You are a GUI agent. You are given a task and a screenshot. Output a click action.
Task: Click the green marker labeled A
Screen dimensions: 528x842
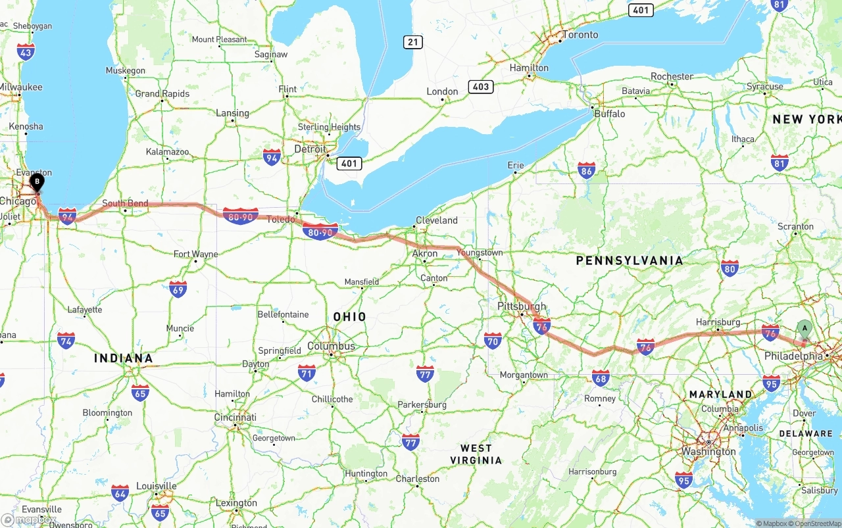[804, 328]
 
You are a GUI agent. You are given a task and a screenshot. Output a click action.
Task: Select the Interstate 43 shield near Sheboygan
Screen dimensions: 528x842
[26, 52]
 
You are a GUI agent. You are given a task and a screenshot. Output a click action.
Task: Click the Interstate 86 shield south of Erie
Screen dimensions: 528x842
[587, 170]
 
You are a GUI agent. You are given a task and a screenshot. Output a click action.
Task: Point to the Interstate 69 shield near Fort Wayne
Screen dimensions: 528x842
[178, 289]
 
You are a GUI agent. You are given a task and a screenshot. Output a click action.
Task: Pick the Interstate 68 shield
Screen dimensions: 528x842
[601, 377]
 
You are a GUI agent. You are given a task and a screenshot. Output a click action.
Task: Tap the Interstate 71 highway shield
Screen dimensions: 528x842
[307, 373]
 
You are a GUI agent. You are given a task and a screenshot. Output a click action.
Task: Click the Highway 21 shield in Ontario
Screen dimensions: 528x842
[413, 42]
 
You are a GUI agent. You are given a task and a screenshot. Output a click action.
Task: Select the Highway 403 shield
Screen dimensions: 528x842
[480, 87]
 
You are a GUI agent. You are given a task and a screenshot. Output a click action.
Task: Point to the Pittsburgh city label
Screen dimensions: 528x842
[522, 306]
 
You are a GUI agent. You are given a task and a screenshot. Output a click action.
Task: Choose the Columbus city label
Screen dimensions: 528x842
[331, 346]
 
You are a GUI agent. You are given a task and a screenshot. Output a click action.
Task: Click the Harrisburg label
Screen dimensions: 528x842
[718, 322]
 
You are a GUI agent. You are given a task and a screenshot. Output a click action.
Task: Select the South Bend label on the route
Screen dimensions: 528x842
[125, 203]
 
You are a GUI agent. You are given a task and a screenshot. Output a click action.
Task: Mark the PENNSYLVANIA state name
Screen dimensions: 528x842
[630, 261]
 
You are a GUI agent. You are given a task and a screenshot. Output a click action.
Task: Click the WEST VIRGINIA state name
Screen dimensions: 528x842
[476, 454]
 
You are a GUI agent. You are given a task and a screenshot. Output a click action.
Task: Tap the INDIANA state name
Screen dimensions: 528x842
[123, 358]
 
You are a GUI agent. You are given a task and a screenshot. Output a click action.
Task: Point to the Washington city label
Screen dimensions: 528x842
[709, 452]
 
